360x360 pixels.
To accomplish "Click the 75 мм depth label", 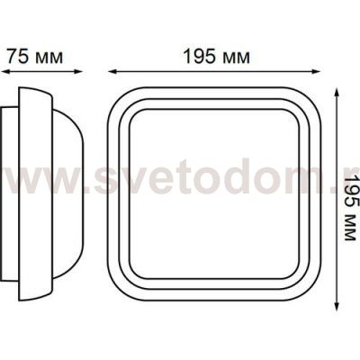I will click(34, 56).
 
